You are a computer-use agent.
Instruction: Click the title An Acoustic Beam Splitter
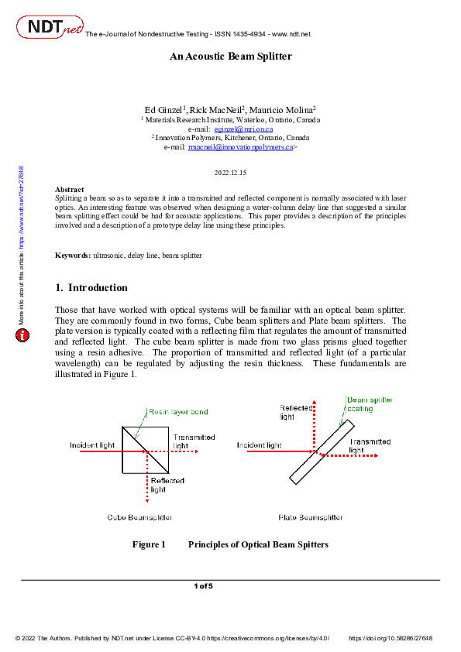click(x=231, y=57)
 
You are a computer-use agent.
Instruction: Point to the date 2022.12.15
click(x=230, y=172)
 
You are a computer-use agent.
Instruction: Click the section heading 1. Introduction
click(x=91, y=288)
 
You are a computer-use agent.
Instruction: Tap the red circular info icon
click(x=23, y=335)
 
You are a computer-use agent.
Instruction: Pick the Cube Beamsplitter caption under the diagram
click(x=139, y=516)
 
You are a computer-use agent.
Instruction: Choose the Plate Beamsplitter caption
click(x=310, y=516)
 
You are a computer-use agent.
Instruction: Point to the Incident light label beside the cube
click(x=93, y=445)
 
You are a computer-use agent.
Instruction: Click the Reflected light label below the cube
click(x=167, y=485)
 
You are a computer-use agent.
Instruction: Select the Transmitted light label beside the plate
click(x=369, y=445)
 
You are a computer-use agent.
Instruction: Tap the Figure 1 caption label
click(x=149, y=544)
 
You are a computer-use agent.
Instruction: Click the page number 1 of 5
click(x=203, y=586)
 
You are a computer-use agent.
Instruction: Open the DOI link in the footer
click(x=390, y=638)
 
